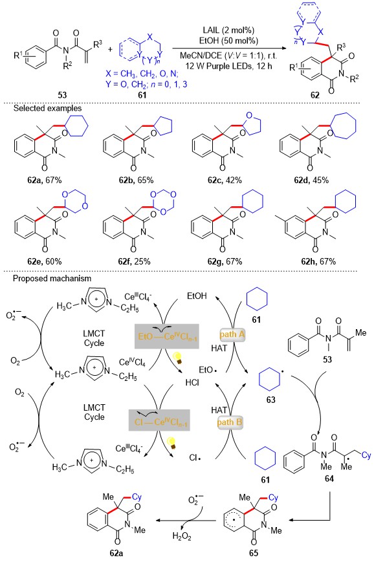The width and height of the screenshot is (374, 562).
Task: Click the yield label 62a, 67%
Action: tap(45, 180)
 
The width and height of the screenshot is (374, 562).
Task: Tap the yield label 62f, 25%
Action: tap(134, 262)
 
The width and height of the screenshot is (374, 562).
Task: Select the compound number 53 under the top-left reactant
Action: tap(62, 94)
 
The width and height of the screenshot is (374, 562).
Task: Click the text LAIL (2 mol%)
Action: tap(228, 30)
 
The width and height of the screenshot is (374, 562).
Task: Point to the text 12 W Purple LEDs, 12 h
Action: tap(229, 66)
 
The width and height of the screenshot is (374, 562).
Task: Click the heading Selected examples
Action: tap(48, 108)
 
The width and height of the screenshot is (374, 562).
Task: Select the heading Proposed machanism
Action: tap(52, 279)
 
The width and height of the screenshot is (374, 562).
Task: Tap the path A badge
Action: tap(232, 335)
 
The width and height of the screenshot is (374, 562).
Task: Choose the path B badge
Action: tap(230, 422)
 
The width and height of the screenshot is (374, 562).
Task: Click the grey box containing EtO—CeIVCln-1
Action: tap(167, 336)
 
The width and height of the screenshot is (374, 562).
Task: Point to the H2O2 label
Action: tap(182, 536)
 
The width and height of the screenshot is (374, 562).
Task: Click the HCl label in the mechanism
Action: tap(192, 382)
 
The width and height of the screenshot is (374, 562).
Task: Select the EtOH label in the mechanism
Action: tap(197, 296)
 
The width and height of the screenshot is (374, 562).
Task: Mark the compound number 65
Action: tap(254, 553)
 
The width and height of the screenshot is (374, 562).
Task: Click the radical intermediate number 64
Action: tap(329, 479)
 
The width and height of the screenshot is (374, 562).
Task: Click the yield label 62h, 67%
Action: tap(318, 262)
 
